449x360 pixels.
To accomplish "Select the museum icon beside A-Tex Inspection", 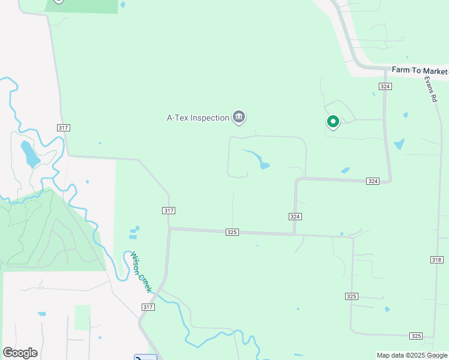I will pos(239,117).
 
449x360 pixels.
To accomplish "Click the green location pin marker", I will pos(333,122).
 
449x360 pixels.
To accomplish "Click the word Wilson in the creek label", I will pos(136,263).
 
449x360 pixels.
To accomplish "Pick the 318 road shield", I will pos(436,259).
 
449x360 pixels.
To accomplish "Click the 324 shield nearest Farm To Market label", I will pos(385,86).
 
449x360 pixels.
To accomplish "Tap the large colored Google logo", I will pos(20,353).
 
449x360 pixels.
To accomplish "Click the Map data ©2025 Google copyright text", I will pos(412,355).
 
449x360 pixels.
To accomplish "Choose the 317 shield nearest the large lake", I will pos(64,128).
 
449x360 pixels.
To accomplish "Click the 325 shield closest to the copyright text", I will pos(416,335).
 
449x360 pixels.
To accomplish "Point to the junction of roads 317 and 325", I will pos(170,228).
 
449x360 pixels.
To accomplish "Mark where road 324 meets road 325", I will pos(294,233).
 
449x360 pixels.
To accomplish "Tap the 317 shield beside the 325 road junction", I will pos(169,210).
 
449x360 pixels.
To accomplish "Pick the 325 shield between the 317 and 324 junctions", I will pos(233,232).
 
